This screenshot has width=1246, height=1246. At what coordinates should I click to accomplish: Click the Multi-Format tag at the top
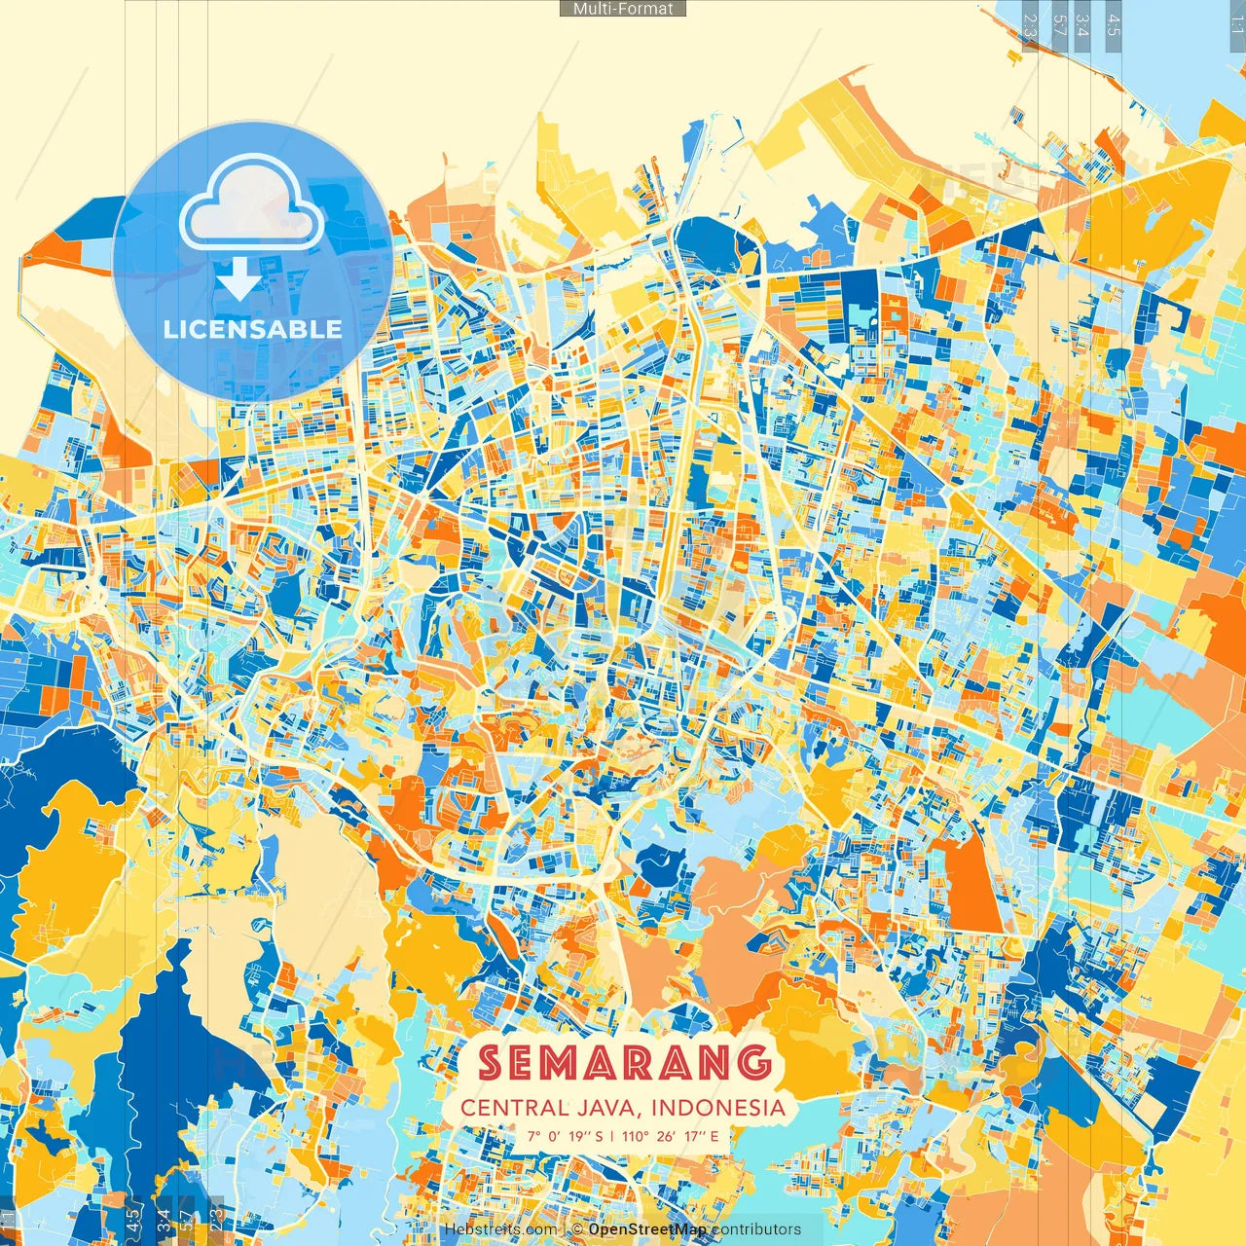click(x=623, y=9)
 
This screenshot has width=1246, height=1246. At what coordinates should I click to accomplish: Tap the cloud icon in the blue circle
click(x=252, y=207)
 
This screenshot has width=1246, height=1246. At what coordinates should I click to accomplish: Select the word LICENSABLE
click(x=253, y=329)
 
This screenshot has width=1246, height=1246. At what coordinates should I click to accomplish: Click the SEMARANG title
click(x=624, y=1063)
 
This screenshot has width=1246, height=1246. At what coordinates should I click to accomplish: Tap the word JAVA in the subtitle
click(x=610, y=1108)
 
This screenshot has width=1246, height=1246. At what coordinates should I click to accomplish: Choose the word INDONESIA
click(x=718, y=1108)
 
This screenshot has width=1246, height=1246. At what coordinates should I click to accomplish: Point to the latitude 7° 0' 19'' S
click(x=566, y=1136)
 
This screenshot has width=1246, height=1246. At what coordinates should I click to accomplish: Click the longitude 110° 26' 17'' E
click(x=671, y=1136)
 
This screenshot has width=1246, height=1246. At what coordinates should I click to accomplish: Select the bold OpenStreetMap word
click(x=646, y=1229)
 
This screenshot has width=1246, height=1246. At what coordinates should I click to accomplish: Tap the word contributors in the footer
click(x=756, y=1229)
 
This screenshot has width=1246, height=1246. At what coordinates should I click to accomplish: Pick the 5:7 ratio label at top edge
click(x=1060, y=23)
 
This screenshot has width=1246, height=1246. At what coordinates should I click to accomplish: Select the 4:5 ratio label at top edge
click(x=1114, y=23)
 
